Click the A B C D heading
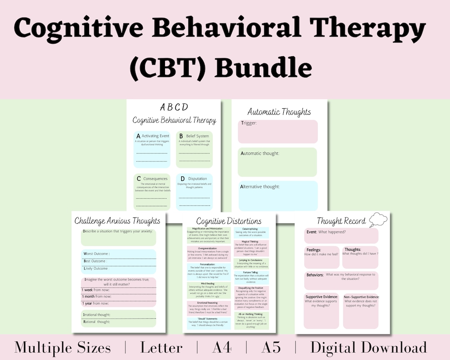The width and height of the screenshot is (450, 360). [x=174, y=107]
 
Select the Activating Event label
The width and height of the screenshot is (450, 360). [x=155, y=136]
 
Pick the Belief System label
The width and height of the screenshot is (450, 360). [x=197, y=136]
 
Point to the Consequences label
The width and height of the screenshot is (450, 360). [x=155, y=179]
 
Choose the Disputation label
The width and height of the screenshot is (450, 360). [x=197, y=179]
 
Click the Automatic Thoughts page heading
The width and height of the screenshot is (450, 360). [x=279, y=112]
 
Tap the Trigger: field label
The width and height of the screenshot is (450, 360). [x=249, y=123]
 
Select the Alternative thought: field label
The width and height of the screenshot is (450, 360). [x=260, y=187]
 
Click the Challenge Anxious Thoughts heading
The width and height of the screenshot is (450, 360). [x=117, y=221]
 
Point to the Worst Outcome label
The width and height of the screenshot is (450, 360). [x=96, y=253]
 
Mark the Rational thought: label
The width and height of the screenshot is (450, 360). [x=97, y=322]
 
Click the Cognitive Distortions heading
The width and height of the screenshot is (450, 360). [x=229, y=221]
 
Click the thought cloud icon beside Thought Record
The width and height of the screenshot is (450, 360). [x=378, y=219]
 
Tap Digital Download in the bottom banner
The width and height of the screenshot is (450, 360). [x=368, y=347]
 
